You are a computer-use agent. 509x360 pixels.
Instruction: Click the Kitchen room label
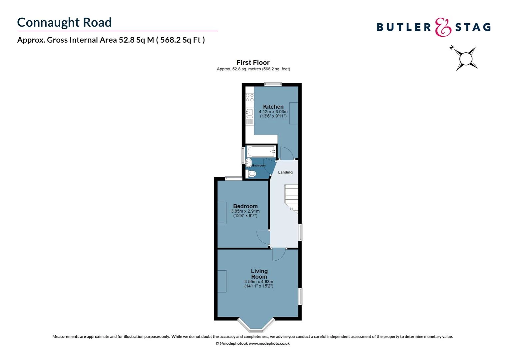point(273,107)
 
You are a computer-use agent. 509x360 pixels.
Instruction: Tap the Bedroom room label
point(245,206)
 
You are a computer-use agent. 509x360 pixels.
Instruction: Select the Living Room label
point(259,274)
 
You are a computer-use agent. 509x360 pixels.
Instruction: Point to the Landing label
point(285,172)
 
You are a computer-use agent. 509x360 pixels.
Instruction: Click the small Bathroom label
point(259,166)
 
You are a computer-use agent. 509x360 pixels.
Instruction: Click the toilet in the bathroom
point(252,174)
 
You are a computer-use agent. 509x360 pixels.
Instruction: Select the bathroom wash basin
point(249,163)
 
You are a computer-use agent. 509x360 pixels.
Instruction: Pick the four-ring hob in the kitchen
point(250,97)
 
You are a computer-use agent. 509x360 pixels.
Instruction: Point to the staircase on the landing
point(291,197)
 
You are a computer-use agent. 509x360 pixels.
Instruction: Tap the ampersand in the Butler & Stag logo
point(443,27)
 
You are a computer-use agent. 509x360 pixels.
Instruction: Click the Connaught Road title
point(64,22)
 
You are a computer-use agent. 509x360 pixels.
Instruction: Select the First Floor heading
point(253,62)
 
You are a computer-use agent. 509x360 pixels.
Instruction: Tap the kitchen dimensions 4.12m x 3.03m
point(273,112)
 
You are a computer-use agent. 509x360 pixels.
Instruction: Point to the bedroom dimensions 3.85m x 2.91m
point(245,211)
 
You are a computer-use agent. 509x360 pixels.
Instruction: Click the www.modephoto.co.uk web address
point(269,343)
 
